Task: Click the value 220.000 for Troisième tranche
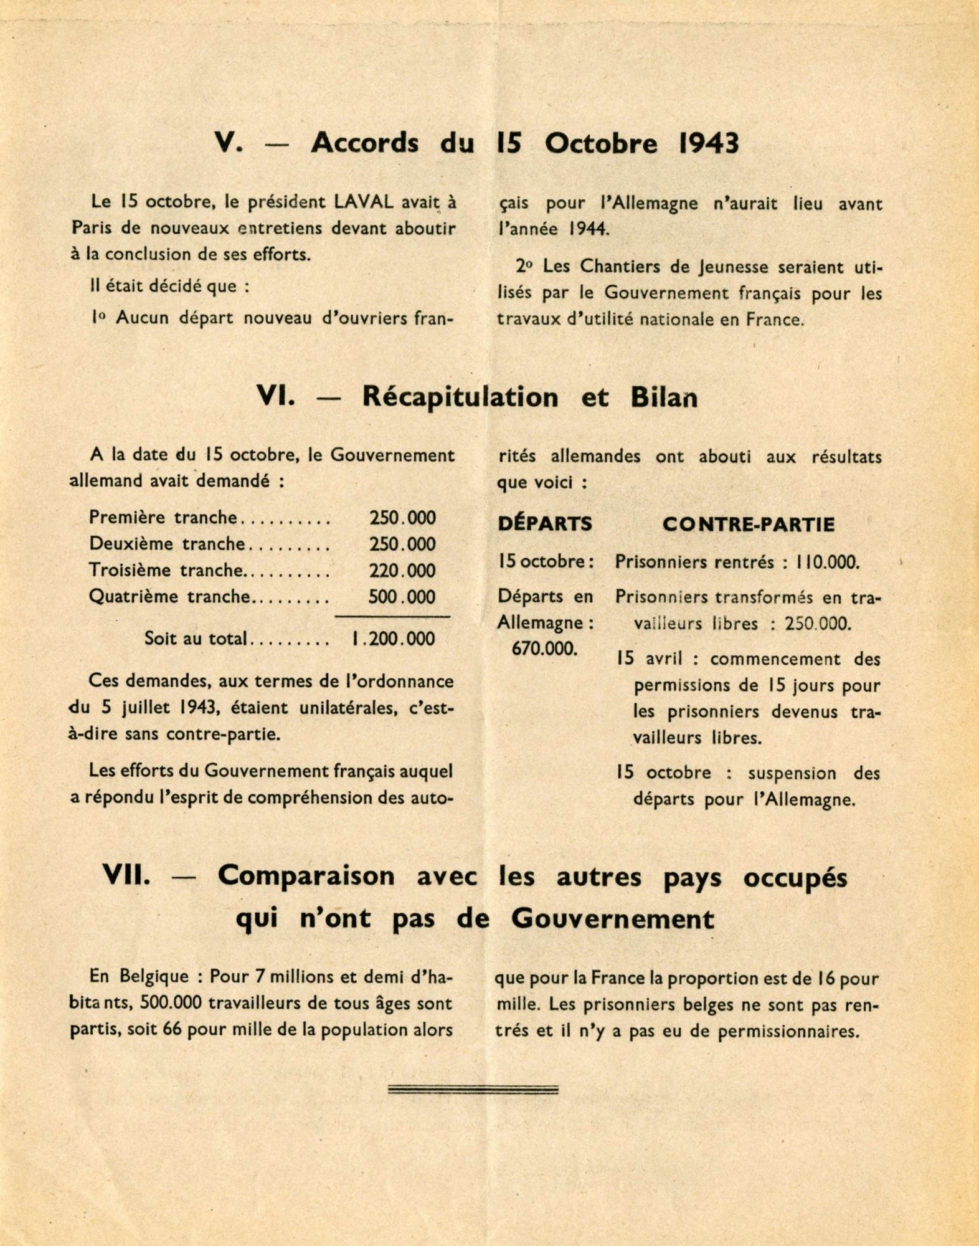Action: (x=402, y=571)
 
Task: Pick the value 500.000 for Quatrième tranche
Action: (x=402, y=597)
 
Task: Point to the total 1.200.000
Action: (x=392, y=639)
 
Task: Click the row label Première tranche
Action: (x=163, y=518)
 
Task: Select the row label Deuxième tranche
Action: (x=167, y=544)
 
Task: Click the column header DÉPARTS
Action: (x=545, y=524)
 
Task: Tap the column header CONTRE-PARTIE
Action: (x=748, y=525)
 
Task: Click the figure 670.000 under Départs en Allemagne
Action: (x=544, y=649)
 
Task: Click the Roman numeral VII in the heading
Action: (x=126, y=877)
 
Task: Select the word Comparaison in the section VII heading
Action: (x=306, y=877)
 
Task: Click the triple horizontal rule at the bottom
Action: (x=473, y=1090)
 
